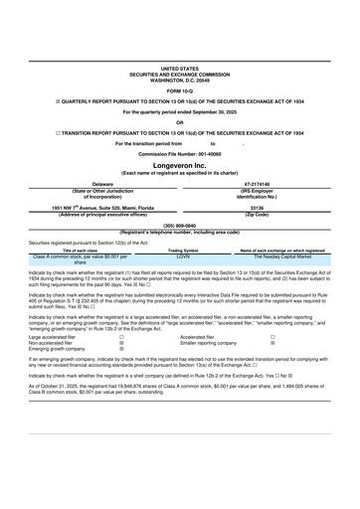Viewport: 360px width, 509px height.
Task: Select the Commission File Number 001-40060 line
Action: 180,154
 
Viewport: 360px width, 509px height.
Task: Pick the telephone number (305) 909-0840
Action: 180,225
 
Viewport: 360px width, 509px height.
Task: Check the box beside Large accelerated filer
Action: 121,339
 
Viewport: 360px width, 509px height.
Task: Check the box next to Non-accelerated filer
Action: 121,345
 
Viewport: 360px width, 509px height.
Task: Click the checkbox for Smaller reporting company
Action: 272,345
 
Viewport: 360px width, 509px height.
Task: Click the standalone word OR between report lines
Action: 180,122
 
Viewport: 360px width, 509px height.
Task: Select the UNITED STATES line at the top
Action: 180,68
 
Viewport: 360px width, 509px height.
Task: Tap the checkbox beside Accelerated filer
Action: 272,339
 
